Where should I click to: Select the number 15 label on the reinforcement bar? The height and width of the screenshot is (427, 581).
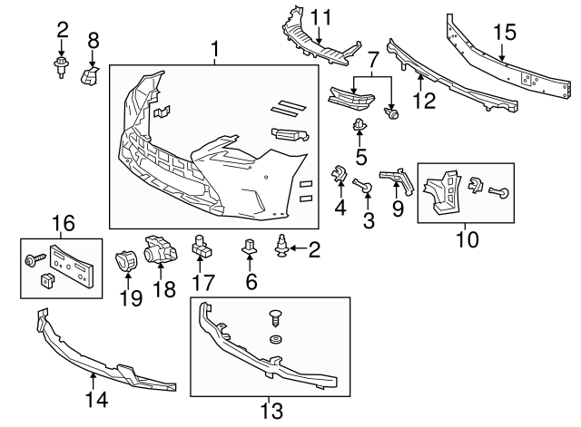pos(504,34)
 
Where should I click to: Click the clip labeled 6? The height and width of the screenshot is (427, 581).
pos(248,246)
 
